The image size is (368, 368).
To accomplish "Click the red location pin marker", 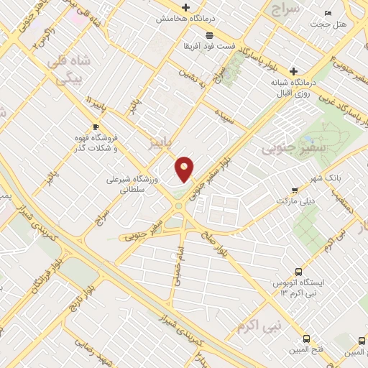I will [185, 168].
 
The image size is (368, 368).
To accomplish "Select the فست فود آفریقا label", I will [208, 47].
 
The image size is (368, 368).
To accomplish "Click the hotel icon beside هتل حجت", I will [328, 13].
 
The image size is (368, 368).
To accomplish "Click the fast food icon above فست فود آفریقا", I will [208, 35].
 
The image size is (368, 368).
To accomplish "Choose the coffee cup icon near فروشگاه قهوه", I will [96, 125].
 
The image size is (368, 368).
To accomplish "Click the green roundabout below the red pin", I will [178, 208].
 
